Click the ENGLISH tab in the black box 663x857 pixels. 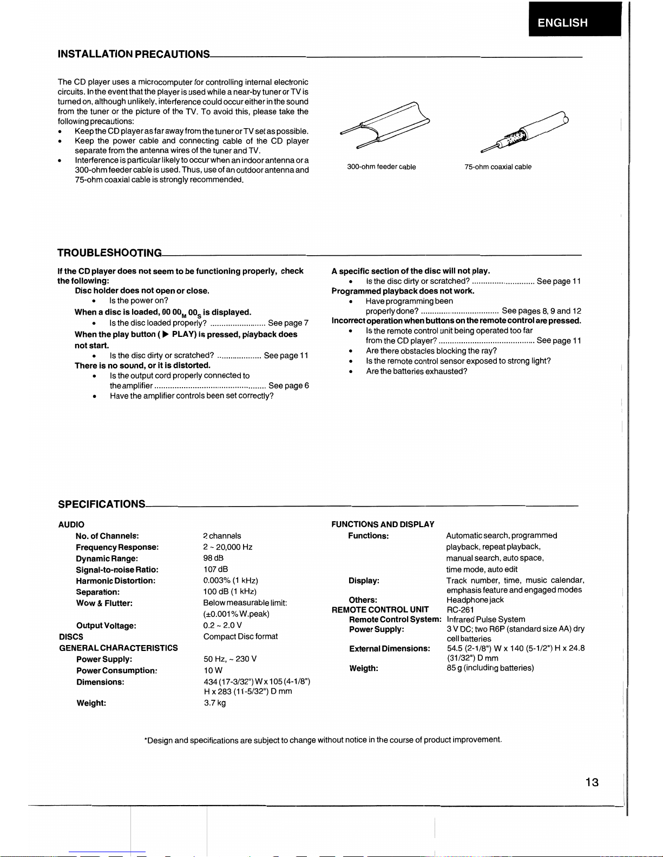pyautogui.click(x=562, y=23)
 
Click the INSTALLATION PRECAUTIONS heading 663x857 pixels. pyautogui.click(x=134, y=54)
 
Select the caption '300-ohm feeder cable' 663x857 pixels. pyautogui.click(x=381, y=167)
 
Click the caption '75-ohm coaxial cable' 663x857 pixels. pyautogui.click(x=497, y=167)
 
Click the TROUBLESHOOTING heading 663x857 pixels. pyautogui.click(x=109, y=253)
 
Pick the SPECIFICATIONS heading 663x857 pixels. pyautogui.click(x=101, y=504)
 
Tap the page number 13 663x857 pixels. pyautogui.click(x=592, y=782)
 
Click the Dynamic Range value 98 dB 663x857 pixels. pyautogui.click(x=213, y=558)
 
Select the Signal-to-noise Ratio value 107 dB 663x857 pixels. pyautogui.click(x=215, y=569)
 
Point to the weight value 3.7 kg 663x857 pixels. pyautogui.click(x=214, y=703)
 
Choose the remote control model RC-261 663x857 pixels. pyautogui.click(x=460, y=610)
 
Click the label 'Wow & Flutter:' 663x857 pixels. pyautogui.click(x=104, y=603)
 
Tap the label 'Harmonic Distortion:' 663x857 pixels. pyautogui.click(x=115, y=581)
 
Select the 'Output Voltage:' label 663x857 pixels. pyautogui.click(x=106, y=626)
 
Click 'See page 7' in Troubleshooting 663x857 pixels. pyautogui.click(x=288, y=323)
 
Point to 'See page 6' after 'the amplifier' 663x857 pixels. pyautogui.click(x=288, y=386)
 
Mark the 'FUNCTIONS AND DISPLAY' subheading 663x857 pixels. pyautogui.click(x=383, y=524)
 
